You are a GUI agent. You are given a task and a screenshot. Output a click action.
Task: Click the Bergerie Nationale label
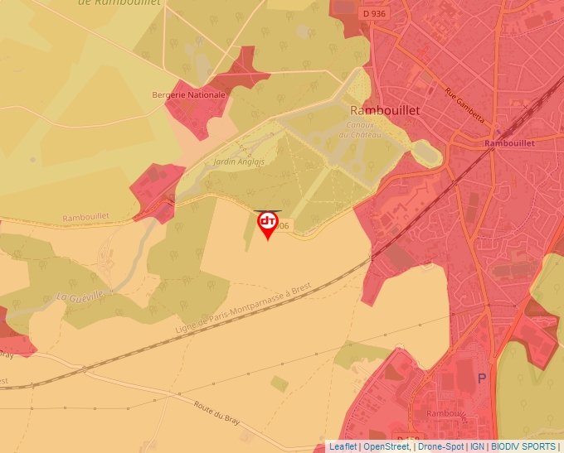[188, 95]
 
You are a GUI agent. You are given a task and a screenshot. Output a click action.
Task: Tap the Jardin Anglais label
[239, 161]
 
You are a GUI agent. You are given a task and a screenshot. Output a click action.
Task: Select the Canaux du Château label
[359, 130]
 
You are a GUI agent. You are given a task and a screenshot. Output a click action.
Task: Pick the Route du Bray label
[216, 412]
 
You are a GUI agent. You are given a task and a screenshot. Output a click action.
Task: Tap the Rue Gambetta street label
[464, 105]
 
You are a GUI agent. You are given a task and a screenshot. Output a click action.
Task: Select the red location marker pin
[268, 224]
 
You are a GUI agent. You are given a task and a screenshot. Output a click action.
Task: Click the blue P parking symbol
[482, 378]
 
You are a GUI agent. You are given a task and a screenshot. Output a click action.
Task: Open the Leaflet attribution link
[343, 446]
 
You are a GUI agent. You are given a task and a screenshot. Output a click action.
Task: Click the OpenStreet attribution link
[387, 446]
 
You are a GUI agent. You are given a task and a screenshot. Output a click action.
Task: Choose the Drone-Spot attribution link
[440, 446]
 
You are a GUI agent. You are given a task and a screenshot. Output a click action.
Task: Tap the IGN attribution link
[478, 446]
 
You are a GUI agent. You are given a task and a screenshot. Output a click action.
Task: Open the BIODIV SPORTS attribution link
[523, 446]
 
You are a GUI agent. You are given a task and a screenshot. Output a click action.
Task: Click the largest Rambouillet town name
[385, 110]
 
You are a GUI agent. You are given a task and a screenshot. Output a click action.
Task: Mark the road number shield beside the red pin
[284, 226]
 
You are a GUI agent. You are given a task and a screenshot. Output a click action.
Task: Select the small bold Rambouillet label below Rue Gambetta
[509, 142]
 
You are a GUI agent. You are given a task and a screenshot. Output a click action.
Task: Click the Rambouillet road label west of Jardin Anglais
[85, 217]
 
